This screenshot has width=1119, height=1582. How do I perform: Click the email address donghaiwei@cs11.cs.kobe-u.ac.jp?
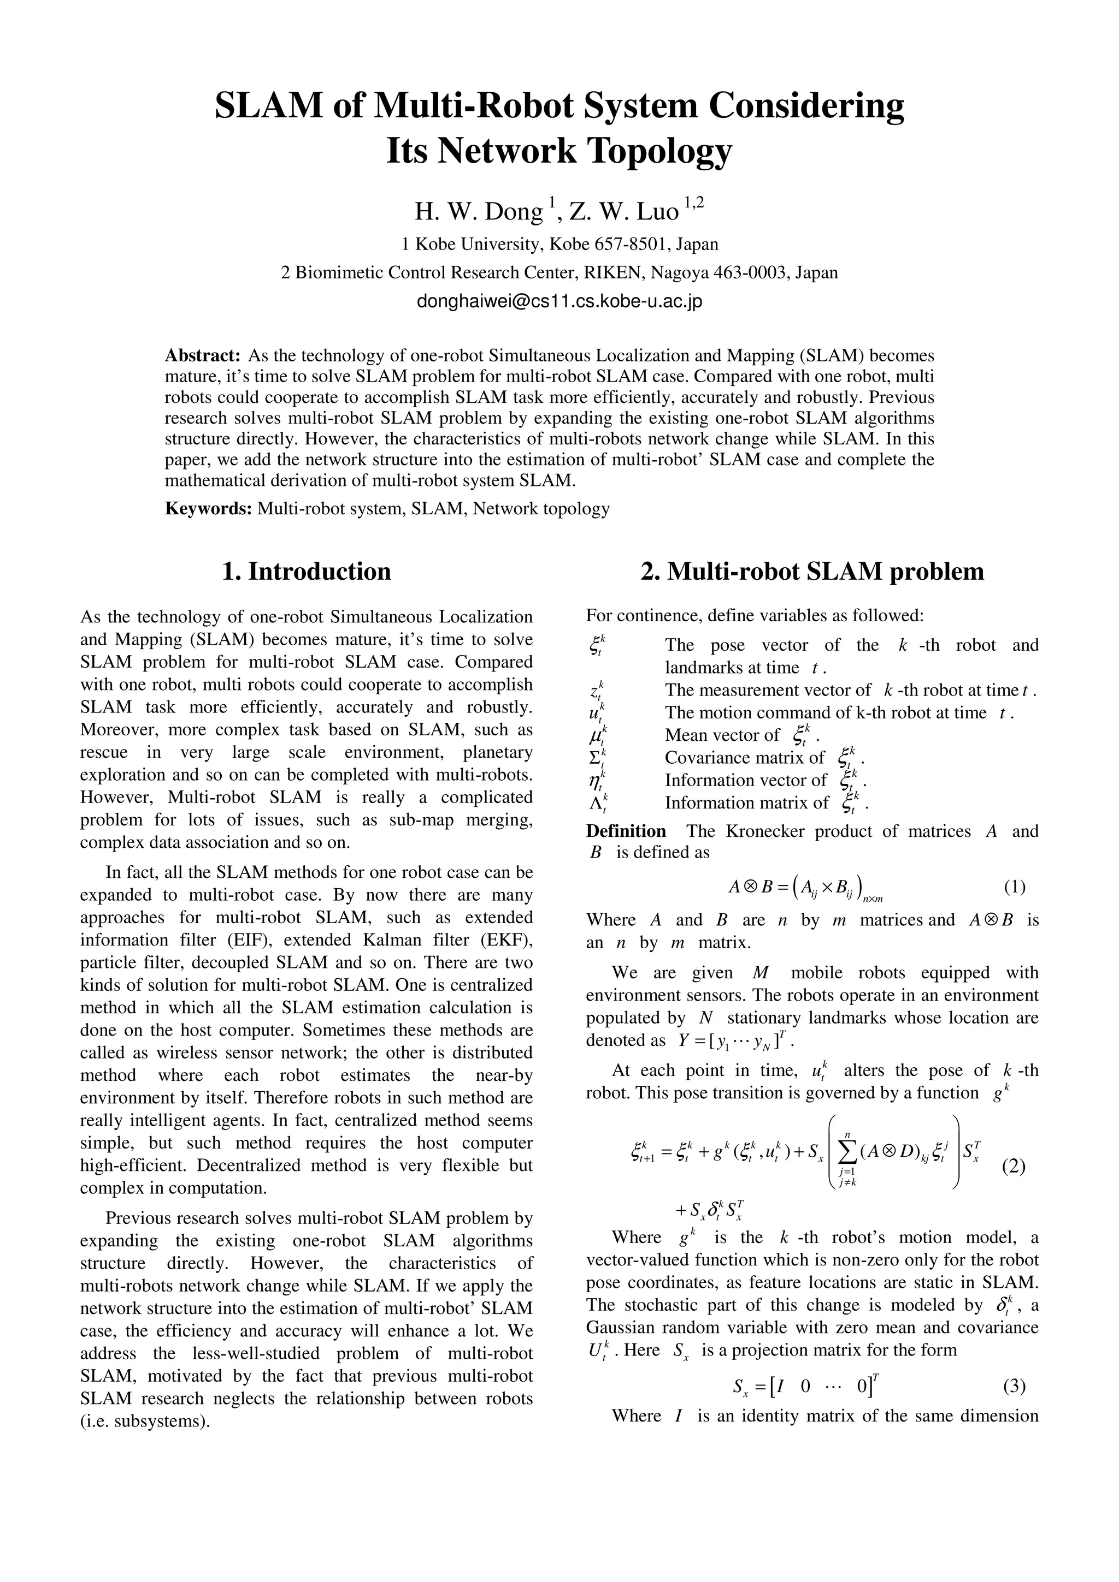[x=559, y=302]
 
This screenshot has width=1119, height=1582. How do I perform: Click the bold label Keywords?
[x=208, y=509]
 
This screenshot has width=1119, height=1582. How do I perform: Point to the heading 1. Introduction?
[x=306, y=571]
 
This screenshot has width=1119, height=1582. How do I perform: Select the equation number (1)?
[x=1014, y=887]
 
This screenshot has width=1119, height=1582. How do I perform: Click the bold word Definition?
[x=626, y=831]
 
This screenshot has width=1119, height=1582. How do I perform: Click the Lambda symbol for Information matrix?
[x=597, y=804]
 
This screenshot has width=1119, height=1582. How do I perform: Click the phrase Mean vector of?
[x=721, y=735]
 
